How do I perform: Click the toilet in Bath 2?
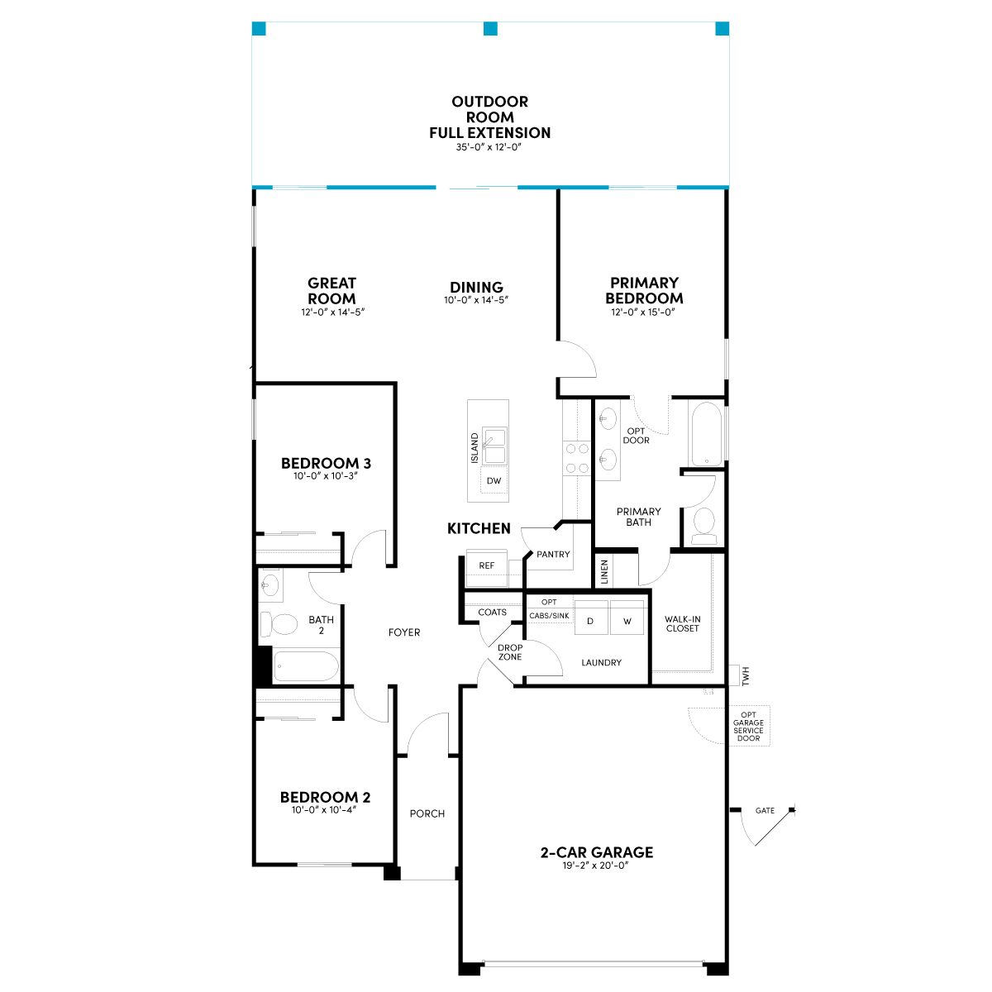(279, 624)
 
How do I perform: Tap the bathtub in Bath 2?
(306, 666)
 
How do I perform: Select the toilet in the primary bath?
(703, 526)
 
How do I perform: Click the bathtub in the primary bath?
(706, 434)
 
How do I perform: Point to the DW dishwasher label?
(494, 481)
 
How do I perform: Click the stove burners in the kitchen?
(577, 458)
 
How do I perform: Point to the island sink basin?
(494, 446)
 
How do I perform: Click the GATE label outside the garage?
(765, 811)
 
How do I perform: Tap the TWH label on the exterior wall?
(746, 675)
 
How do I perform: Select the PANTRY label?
(553, 555)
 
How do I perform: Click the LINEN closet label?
(605, 571)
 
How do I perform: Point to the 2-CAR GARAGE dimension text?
(596, 866)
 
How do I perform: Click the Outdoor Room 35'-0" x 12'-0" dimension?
(489, 146)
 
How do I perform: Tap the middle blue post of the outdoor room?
(490, 28)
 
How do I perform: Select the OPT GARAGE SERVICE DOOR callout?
(748, 727)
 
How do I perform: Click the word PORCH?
(427, 814)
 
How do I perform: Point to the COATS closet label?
(492, 612)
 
